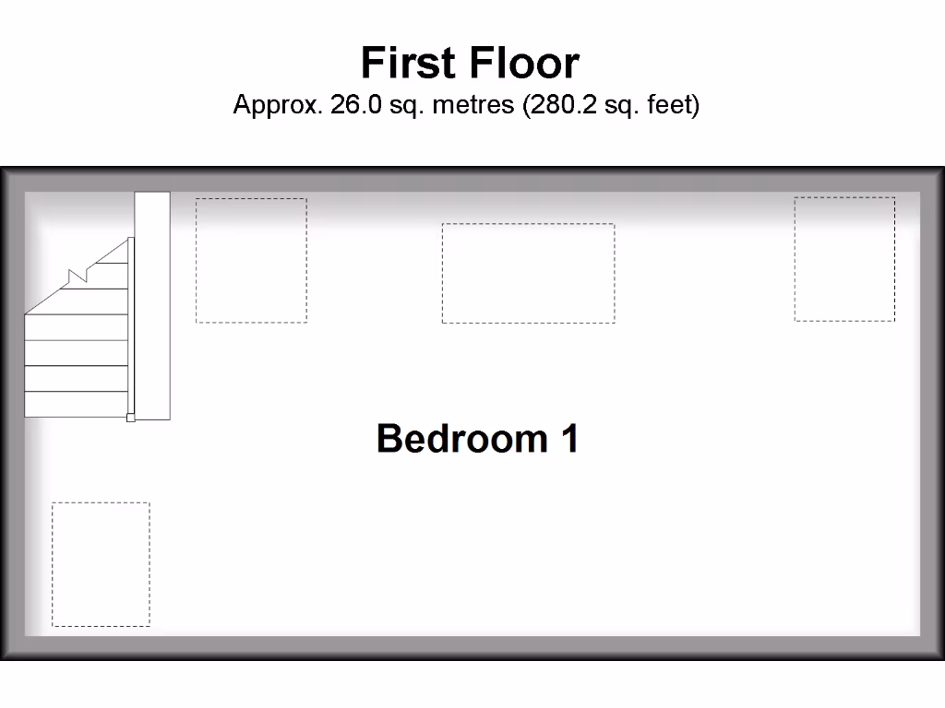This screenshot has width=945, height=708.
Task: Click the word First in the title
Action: click(409, 64)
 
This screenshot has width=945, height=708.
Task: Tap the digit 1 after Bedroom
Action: click(569, 438)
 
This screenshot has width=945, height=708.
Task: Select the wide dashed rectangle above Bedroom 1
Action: click(528, 273)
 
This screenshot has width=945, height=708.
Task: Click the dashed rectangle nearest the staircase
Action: click(251, 260)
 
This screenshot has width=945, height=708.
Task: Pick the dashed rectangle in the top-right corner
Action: click(844, 259)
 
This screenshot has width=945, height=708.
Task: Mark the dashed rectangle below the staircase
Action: click(101, 564)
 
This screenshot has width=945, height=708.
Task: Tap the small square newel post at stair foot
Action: click(130, 418)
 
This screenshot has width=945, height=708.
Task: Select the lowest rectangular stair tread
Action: click(75, 404)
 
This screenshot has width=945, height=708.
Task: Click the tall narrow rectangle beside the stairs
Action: click(153, 304)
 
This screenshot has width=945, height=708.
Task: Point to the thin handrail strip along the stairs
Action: click(131, 327)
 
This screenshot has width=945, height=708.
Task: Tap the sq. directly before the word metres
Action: click(403, 105)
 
